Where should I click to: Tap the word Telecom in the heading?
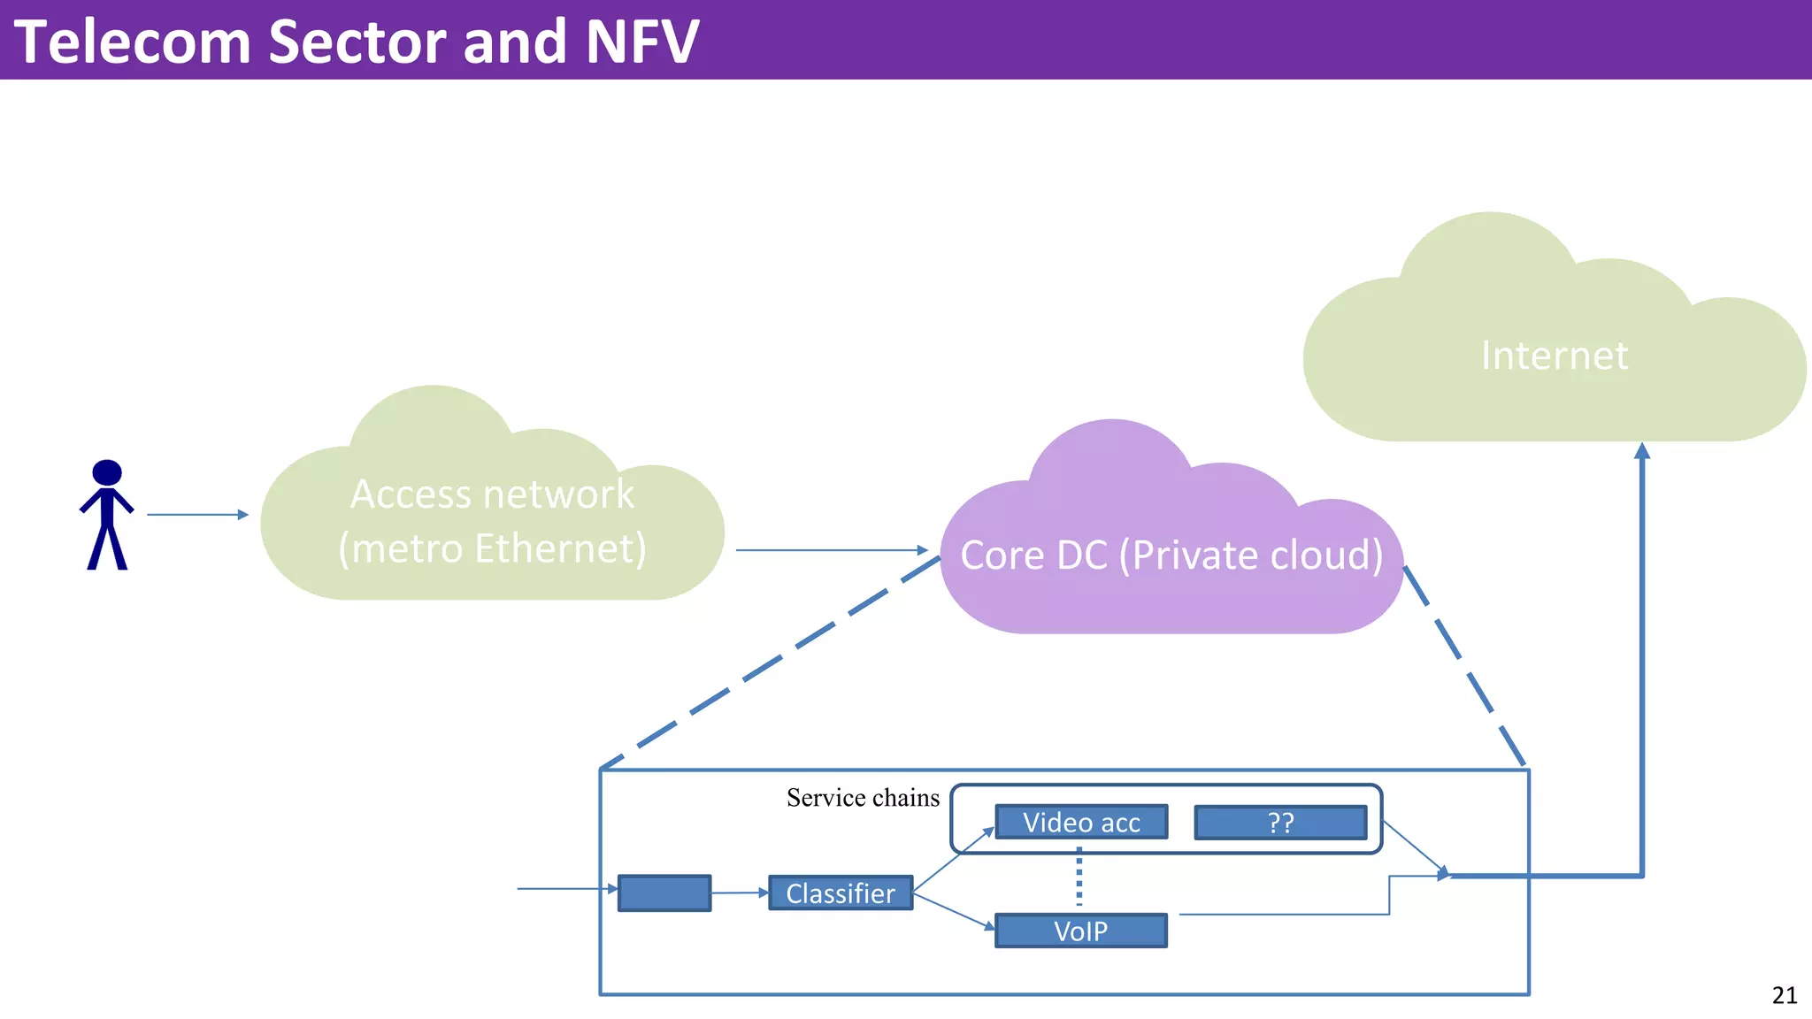click(133, 42)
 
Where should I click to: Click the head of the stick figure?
click(107, 472)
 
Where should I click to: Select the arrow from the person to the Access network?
click(196, 514)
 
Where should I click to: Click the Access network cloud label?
click(492, 521)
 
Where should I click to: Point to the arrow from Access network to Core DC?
click(830, 550)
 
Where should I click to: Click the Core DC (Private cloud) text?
click(1171, 555)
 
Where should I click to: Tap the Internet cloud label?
click(1554, 356)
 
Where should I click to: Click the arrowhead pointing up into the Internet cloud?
click(1642, 451)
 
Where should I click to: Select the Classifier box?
click(841, 893)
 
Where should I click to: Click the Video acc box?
click(1081, 823)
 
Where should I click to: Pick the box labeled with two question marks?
click(1280, 823)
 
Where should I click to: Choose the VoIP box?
click(1080, 931)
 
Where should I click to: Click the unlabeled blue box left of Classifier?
click(664, 893)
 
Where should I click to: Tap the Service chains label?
click(863, 798)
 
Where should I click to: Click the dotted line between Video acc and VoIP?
click(1079, 878)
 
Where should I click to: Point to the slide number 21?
click(1785, 995)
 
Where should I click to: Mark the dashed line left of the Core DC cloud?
click(770, 663)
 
